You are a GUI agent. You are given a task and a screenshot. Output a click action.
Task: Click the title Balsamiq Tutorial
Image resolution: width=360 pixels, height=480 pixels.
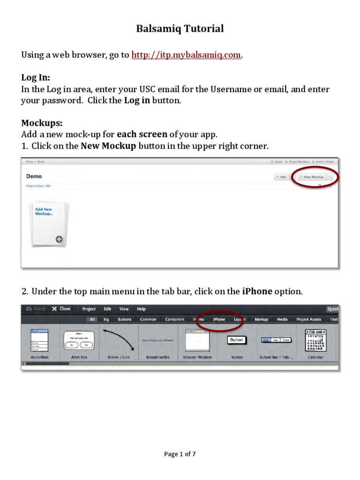pos(180,29)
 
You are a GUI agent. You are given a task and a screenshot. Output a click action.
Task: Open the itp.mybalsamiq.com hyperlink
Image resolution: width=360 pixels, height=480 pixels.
pos(187,55)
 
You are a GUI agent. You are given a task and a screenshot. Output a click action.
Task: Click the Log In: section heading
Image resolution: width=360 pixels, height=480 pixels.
pos(36,77)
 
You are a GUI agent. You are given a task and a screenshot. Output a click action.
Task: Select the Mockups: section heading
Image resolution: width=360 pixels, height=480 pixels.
pos(42,123)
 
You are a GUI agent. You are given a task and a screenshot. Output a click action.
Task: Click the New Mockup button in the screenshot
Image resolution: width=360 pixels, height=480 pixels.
pos(313,177)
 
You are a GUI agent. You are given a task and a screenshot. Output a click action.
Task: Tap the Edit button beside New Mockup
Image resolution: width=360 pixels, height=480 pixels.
pos(281,177)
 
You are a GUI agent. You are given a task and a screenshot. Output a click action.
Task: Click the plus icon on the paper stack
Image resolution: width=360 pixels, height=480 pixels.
pos(59,239)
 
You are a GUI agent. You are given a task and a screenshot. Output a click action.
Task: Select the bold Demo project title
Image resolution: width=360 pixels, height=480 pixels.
pos(34,176)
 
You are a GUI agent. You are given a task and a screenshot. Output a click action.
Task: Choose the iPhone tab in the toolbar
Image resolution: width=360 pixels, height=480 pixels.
pos(219,319)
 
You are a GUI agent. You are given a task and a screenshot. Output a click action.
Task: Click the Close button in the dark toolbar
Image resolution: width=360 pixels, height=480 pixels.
pos(61,309)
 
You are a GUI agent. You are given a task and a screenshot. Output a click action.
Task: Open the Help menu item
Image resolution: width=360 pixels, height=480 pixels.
pos(141,309)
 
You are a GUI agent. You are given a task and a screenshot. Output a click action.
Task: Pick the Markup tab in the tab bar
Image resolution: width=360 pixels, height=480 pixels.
pos(261,319)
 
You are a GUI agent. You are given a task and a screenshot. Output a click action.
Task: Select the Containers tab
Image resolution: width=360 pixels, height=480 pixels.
pos(174,319)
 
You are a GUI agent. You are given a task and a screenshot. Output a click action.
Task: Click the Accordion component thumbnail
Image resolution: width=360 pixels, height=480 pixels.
pos(39,340)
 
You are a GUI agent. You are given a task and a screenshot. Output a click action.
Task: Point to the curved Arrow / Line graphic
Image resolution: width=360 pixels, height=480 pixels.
pos(119,340)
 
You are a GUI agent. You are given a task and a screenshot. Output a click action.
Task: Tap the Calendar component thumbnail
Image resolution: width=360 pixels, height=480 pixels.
pos(316,340)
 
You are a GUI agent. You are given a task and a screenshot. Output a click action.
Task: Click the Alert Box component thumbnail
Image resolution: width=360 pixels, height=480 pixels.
pos(79,340)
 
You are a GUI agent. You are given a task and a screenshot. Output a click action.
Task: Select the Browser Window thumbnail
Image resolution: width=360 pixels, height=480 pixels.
pos(197,340)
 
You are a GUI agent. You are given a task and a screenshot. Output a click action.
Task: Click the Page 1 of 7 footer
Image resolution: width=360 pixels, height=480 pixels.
pos(180,454)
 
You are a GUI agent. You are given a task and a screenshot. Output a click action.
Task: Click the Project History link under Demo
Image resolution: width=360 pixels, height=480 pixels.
pos(38,186)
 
